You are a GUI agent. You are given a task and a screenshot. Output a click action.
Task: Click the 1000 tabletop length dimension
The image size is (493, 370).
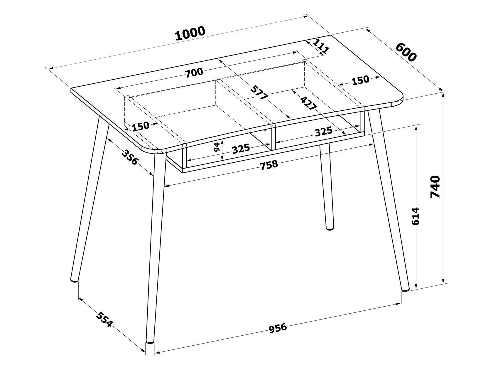click(x=190, y=34)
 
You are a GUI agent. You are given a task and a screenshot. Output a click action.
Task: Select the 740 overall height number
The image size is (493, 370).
click(x=435, y=187)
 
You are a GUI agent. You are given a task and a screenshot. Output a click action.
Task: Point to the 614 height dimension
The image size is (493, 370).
click(x=415, y=216)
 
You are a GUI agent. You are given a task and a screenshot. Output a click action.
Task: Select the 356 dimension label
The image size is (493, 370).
click(x=130, y=157)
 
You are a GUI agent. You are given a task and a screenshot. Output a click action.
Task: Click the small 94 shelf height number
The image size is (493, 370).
click(x=217, y=147)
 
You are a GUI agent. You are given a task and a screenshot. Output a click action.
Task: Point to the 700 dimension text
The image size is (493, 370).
click(x=194, y=73)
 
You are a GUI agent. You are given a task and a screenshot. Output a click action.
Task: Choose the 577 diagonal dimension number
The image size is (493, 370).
click(x=259, y=92)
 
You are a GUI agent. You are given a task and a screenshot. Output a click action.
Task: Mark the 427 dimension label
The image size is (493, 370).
click(x=308, y=103)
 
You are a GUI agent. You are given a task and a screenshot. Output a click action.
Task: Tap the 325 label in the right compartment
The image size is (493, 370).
click(x=323, y=132)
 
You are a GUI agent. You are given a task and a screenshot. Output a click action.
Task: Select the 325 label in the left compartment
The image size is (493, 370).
click(x=241, y=149)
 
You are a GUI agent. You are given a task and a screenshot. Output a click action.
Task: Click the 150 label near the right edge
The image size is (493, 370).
click(x=360, y=80)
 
